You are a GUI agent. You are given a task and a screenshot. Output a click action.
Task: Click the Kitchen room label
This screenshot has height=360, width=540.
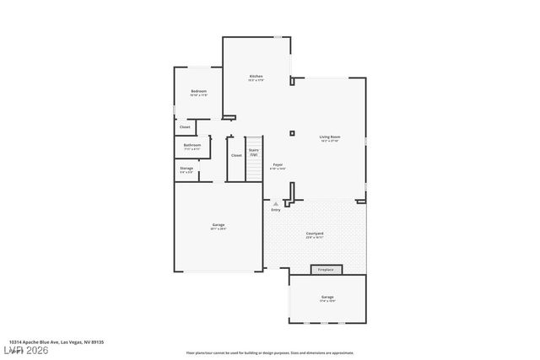(x=256, y=78)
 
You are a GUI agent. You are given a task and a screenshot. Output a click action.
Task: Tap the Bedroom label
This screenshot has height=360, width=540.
(x=199, y=91)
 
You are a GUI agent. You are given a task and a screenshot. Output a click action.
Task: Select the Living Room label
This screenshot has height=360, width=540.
(x=329, y=137)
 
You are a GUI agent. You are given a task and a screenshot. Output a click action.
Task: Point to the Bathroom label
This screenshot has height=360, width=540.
(x=192, y=145)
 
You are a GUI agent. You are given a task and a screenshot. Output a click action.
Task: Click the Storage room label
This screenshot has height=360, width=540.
(x=186, y=169)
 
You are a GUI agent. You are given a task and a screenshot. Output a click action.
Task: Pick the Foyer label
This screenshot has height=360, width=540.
(x=278, y=165)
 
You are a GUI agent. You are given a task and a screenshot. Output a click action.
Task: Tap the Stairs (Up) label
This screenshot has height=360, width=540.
(x=253, y=150)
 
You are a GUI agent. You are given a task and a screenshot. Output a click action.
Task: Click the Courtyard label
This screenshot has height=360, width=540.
(x=315, y=234)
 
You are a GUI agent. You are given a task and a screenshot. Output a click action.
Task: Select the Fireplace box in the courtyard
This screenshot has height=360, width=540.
(x=327, y=270)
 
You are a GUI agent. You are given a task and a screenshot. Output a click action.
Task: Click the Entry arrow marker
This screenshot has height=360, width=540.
(x=275, y=203)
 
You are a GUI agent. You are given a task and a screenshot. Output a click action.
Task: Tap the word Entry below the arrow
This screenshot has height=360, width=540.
(x=276, y=210)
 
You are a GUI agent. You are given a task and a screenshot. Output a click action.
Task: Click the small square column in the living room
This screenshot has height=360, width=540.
(x=292, y=132)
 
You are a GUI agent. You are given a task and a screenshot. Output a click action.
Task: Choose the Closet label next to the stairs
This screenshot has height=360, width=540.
(x=236, y=155)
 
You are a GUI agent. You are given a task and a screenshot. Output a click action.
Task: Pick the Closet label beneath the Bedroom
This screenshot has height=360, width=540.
(x=185, y=127)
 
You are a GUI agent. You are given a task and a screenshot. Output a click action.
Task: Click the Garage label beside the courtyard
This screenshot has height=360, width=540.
(x=219, y=225)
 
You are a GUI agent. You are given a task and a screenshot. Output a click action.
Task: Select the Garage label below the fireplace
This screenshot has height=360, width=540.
(x=327, y=298)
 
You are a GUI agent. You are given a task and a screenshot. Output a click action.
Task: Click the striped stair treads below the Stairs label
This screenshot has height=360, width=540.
(x=254, y=169)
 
